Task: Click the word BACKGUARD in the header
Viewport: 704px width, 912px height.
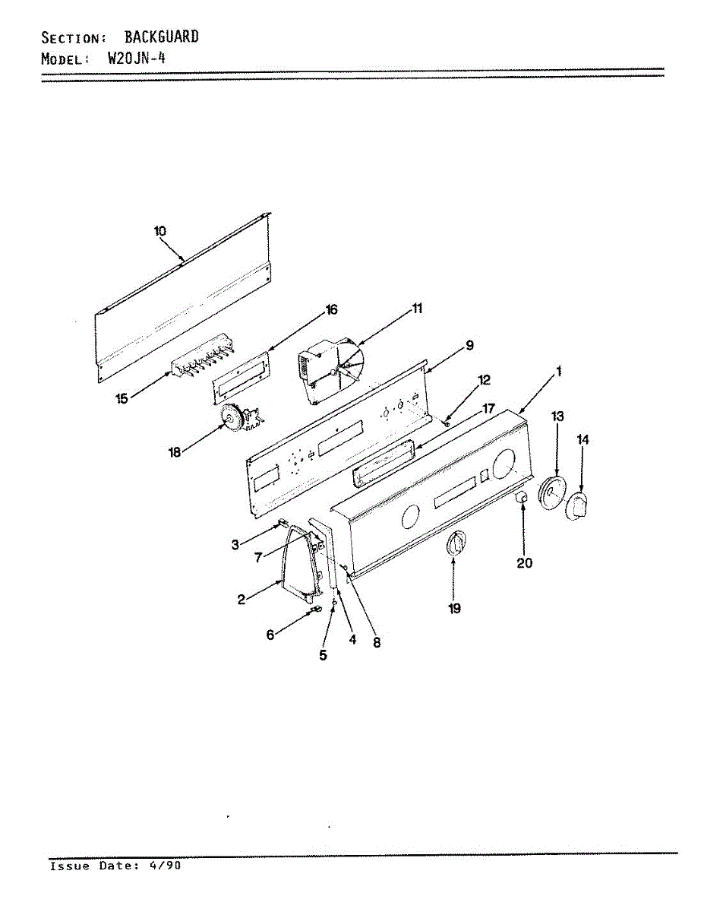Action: coord(162,36)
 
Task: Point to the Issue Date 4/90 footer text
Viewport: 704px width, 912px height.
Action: coord(115,866)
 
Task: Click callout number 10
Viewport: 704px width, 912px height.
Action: coord(160,231)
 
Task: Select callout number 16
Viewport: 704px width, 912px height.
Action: coord(331,309)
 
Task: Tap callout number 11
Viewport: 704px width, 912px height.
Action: coord(418,308)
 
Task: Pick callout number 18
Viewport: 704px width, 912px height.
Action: coord(174,453)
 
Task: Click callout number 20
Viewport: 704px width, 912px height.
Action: coord(524,563)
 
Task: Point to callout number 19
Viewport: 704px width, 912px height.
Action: coord(454,609)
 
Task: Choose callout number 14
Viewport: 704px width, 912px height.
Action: coord(583,439)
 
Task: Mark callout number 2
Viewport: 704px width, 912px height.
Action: coord(241,600)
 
